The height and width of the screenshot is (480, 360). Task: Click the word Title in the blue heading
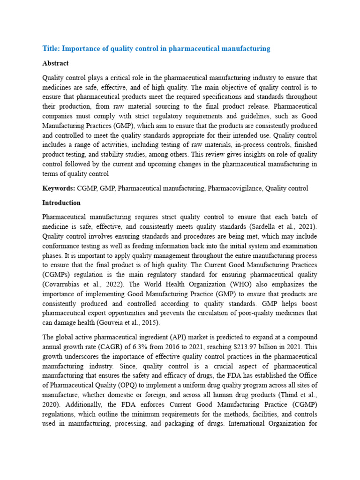(51, 48)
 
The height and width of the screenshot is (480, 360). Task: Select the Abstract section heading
(55, 63)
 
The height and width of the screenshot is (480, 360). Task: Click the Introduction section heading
(61, 203)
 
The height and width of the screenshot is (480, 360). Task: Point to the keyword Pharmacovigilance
(234, 188)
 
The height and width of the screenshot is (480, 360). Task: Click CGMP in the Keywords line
(87, 188)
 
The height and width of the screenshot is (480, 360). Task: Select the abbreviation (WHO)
(255, 285)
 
